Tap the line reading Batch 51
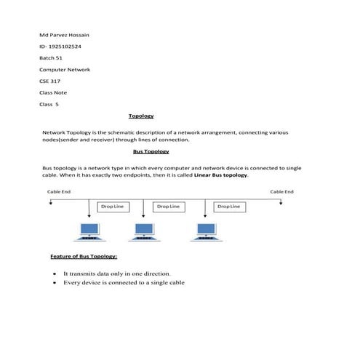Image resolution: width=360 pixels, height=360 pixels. pos(51,58)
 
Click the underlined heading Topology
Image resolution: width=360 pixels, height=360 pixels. pos(141,116)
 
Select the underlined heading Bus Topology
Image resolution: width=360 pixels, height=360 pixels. pos(151,151)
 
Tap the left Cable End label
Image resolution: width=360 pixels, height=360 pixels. pos(58,192)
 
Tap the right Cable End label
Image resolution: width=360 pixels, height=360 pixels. pos(281,192)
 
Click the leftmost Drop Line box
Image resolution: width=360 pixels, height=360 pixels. pos(112,207)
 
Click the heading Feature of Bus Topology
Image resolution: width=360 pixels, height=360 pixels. pos(84,257)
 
